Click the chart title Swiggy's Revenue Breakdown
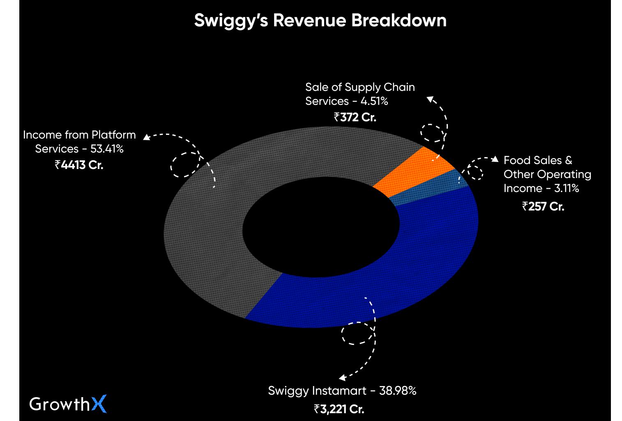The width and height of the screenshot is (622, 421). [x=320, y=21]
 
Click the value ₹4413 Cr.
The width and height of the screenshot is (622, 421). [x=79, y=165]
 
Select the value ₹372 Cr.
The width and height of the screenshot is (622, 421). [x=355, y=118]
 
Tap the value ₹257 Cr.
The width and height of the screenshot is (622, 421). [x=543, y=206]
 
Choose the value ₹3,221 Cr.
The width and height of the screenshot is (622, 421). [x=339, y=409]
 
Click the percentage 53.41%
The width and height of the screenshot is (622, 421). [x=107, y=149]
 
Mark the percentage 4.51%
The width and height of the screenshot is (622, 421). [x=374, y=101]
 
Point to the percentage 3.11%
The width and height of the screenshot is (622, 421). [x=567, y=188]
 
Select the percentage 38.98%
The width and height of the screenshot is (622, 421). [x=398, y=391]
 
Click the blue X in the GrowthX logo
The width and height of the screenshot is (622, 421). [x=99, y=404]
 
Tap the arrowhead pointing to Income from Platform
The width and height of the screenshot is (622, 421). [x=146, y=137]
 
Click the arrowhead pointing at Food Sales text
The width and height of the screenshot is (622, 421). [x=495, y=159]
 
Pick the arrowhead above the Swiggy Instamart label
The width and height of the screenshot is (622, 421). [x=342, y=378]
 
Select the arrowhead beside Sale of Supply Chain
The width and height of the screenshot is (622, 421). [x=430, y=99]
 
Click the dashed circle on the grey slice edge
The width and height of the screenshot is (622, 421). [x=185, y=164]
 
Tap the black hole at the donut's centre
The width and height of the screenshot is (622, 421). [x=320, y=228]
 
